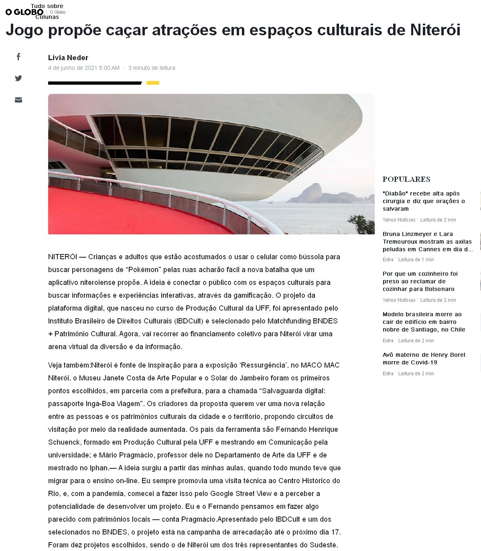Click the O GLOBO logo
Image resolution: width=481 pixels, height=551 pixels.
pos(24,12)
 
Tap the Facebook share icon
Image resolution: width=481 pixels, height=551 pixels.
pos(18,57)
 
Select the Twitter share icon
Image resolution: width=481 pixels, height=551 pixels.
pos(18,78)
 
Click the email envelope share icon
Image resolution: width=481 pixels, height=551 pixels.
pos(18,100)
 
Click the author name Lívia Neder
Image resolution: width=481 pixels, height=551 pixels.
pos(68,58)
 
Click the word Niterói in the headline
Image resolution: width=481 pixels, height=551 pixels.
pos(435,30)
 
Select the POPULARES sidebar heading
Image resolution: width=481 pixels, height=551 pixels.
pos(406,179)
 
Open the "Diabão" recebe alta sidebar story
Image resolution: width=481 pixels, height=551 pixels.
pos(423,201)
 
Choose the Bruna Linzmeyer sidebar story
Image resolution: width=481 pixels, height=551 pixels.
pos(427,242)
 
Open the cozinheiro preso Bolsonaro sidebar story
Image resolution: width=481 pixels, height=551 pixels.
pos(420,281)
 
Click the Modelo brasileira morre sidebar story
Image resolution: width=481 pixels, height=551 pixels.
pos(424,322)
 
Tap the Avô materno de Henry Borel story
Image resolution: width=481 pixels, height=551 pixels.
pos(424,358)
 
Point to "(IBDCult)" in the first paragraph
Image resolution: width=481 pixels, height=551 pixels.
pos(189,321)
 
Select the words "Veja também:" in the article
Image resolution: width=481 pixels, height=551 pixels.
pos(69,365)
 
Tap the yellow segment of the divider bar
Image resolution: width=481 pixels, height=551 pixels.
pos(153,83)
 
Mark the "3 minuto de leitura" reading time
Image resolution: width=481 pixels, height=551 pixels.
pos(152,68)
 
